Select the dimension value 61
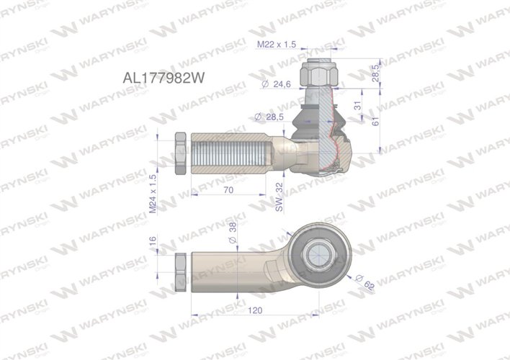click(x=375, y=122)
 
